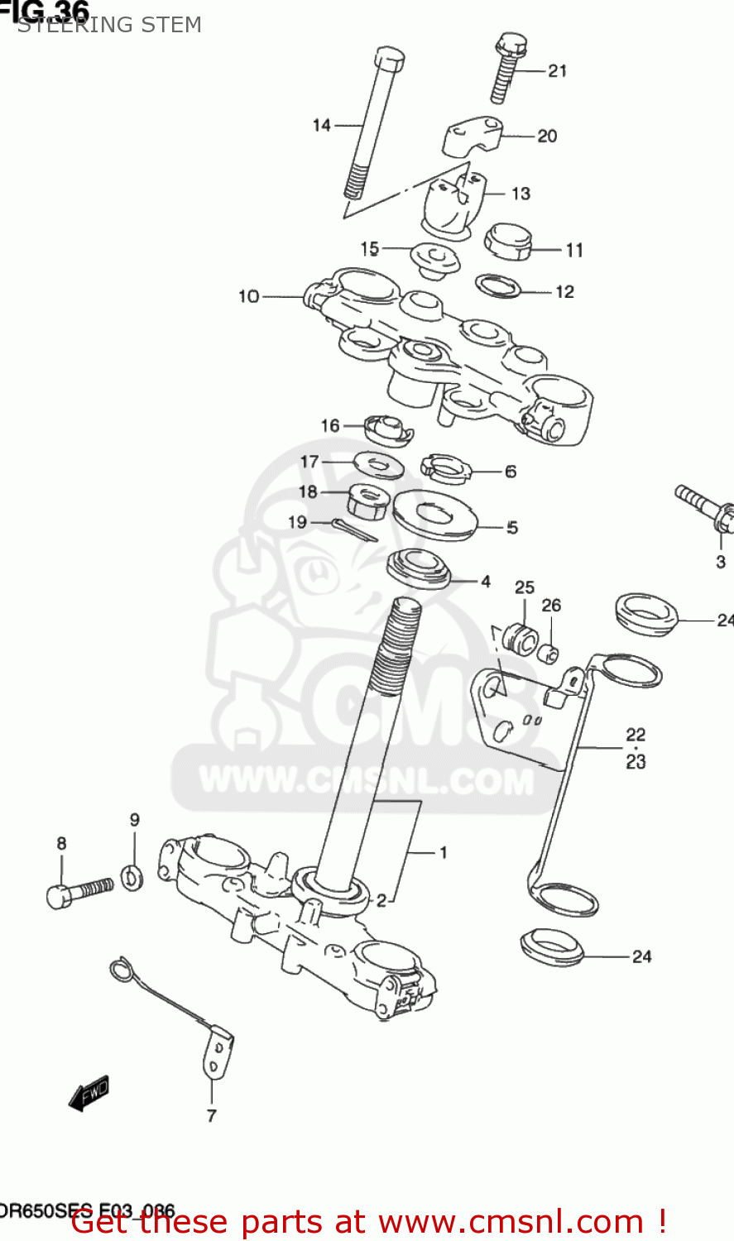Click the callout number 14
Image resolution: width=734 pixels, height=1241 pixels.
coord(322,125)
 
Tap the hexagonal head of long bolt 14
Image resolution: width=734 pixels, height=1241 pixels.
coord(388,59)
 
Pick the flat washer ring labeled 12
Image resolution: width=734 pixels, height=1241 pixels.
coord(498,286)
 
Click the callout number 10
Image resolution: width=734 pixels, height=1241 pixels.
coord(248,295)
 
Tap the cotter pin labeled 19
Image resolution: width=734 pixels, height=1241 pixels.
coord(354,529)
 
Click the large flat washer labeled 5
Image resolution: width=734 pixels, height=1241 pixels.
coord(434,515)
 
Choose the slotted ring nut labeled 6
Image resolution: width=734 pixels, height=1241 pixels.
coord(445,469)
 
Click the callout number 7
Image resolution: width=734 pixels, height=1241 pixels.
coord(211,1115)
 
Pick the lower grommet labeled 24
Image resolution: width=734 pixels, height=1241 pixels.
coord(552,946)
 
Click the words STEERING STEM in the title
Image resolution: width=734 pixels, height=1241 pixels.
coord(109,25)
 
